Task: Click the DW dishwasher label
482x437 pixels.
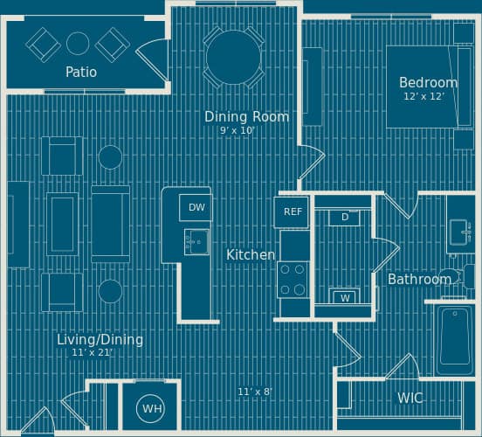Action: coord(196,207)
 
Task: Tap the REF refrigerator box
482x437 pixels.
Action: coord(293,212)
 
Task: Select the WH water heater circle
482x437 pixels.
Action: coord(152,408)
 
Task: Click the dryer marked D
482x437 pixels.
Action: coord(345,217)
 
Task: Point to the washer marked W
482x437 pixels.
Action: coord(346,297)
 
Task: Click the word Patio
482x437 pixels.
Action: coord(81,72)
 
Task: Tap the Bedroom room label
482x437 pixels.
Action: coord(428,83)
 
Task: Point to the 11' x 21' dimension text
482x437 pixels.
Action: coord(93,353)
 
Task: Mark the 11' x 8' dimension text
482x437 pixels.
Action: coord(255,392)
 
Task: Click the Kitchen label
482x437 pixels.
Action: coord(251,254)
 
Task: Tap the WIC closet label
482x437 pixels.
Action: coord(410,398)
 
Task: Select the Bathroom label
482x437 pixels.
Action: coord(419,280)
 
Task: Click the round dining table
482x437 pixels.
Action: coord(232,58)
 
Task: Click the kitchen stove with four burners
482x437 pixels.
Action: coord(293,280)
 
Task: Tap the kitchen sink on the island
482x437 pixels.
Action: coord(196,242)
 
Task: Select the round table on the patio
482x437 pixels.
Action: coord(78,43)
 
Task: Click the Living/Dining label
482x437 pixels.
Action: coord(100,339)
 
